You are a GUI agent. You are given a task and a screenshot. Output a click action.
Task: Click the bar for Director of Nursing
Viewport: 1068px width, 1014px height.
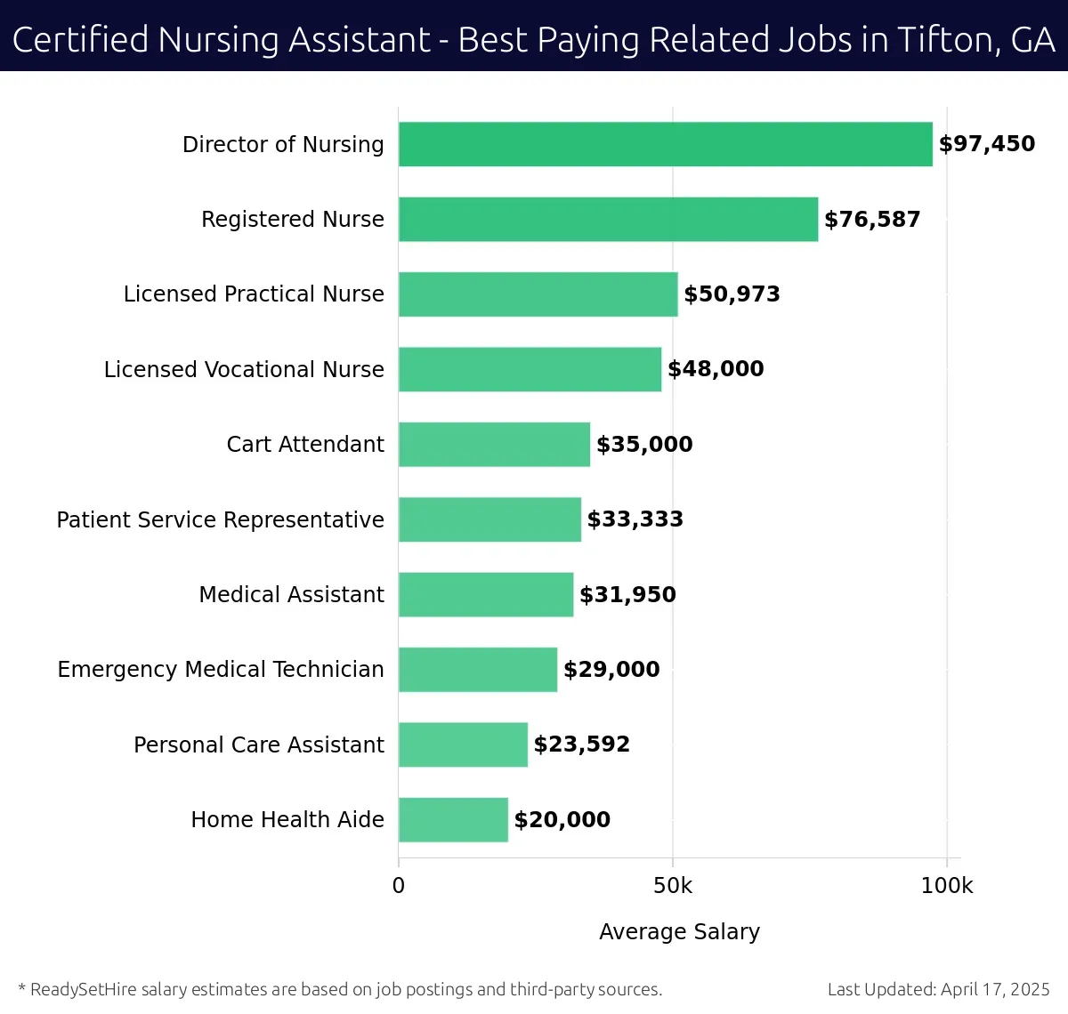pyautogui.click(x=665, y=144)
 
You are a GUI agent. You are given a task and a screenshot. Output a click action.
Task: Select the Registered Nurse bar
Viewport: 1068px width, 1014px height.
pyautogui.click(x=608, y=219)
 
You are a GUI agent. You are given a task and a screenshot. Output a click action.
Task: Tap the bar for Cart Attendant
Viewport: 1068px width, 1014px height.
pyautogui.click(x=494, y=444)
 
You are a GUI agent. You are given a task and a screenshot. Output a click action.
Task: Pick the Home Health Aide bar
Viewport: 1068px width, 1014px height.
pyautogui.click(x=453, y=819)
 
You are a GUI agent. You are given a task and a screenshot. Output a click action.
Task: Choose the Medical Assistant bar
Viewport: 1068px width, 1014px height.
pyautogui.click(x=486, y=594)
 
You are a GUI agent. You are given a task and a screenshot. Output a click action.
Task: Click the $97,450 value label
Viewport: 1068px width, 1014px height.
pyautogui.click(x=987, y=144)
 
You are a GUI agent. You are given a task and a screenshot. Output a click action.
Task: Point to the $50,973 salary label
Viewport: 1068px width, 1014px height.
pyautogui.click(x=732, y=294)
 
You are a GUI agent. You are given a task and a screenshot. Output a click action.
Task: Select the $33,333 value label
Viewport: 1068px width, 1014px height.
pyautogui.click(x=635, y=519)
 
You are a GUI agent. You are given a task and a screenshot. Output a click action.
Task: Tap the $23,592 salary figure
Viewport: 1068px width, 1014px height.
pyautogui.click(x=581, y=744)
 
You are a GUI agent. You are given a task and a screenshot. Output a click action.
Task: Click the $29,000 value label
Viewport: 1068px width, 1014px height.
pyautogui.click(x=611, y=670)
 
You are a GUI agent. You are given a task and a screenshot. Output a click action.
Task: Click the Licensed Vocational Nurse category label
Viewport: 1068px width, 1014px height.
pyautogui.click(x=244, y=369)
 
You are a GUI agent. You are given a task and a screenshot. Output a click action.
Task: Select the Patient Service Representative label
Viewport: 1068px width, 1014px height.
pyautogui.click(x=221, y=519)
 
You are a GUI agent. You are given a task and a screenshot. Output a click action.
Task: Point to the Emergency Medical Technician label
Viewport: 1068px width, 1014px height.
pyautogui.click(x=221, y=669)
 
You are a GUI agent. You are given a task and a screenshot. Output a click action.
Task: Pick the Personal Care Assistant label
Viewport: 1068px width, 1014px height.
pyautogui.click(x=259, y=744)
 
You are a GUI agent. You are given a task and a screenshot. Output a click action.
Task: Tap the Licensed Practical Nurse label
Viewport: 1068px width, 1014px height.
pyautogui.click(x=254, y=294)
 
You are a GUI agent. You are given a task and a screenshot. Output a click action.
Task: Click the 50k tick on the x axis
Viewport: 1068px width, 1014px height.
pyautogui.click(x=672, y=886)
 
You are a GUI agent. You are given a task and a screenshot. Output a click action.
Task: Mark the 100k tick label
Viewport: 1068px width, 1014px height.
pyautogui.click(x=947, y=886)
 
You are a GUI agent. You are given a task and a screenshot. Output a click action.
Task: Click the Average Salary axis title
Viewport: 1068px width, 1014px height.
pyautogui.click(x=679, y=931)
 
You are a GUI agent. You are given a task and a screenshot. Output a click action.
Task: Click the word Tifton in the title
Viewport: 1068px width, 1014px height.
pyautogui.click(x=947, y=40)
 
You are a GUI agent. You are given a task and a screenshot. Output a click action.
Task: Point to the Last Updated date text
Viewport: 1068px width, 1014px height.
pyautogui.click(x=938, y=989)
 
